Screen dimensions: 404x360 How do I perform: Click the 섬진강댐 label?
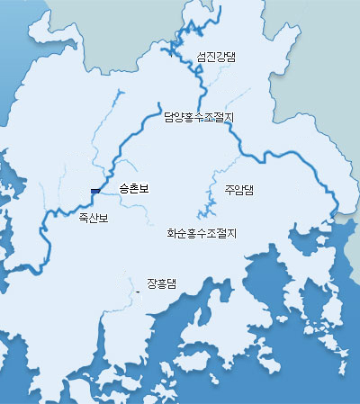coord(216,56)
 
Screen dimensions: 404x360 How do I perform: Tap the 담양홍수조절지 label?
coord(199,116)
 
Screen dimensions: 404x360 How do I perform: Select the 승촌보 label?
coord(133,189)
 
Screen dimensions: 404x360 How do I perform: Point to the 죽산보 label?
coord(93,219)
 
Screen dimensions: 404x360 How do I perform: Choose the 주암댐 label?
coord(239,190)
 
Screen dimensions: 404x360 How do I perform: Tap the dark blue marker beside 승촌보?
coord(94,189)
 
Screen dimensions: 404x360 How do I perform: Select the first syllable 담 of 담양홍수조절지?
coord(169,116)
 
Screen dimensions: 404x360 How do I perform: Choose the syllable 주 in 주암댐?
coord(229,190)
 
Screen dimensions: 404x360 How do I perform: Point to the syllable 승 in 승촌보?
coord(123,189)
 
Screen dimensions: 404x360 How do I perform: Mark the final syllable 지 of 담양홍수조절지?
coord(229,116)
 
